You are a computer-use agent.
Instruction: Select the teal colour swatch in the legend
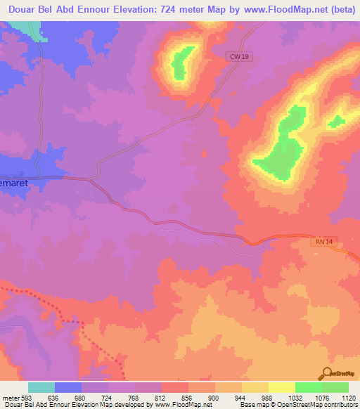coord(41,387)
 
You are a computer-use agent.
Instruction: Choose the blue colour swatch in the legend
coord(68,387)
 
